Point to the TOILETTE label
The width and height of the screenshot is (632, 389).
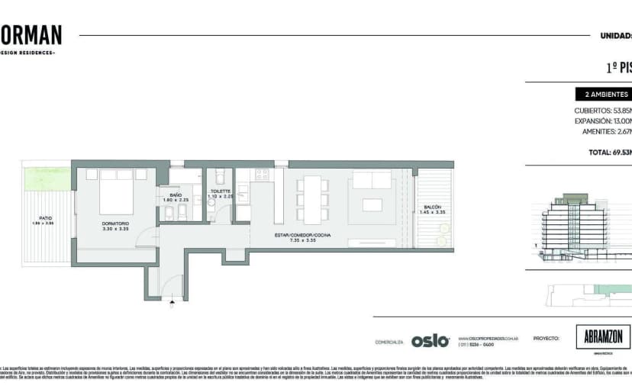[220, 191]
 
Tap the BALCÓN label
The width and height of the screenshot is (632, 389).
[433, 207]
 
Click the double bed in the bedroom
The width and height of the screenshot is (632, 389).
[118, 192]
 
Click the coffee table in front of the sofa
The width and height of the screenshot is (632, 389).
[372, 204]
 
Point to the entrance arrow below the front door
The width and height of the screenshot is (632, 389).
[173, 304]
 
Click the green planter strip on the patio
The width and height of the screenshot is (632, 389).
[46, 180]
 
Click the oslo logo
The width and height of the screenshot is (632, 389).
[430, 341]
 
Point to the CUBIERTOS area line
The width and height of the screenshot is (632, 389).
[602, 110]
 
